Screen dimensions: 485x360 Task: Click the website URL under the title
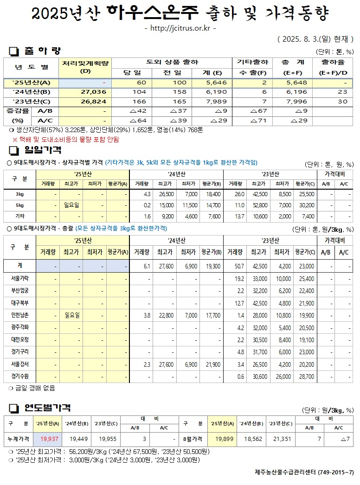click(180, 29)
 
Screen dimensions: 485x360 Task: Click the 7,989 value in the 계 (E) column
click(215, 102)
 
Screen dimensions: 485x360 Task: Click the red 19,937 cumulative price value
click(49, 439)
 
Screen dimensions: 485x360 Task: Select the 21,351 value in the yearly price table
click(282, 439)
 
